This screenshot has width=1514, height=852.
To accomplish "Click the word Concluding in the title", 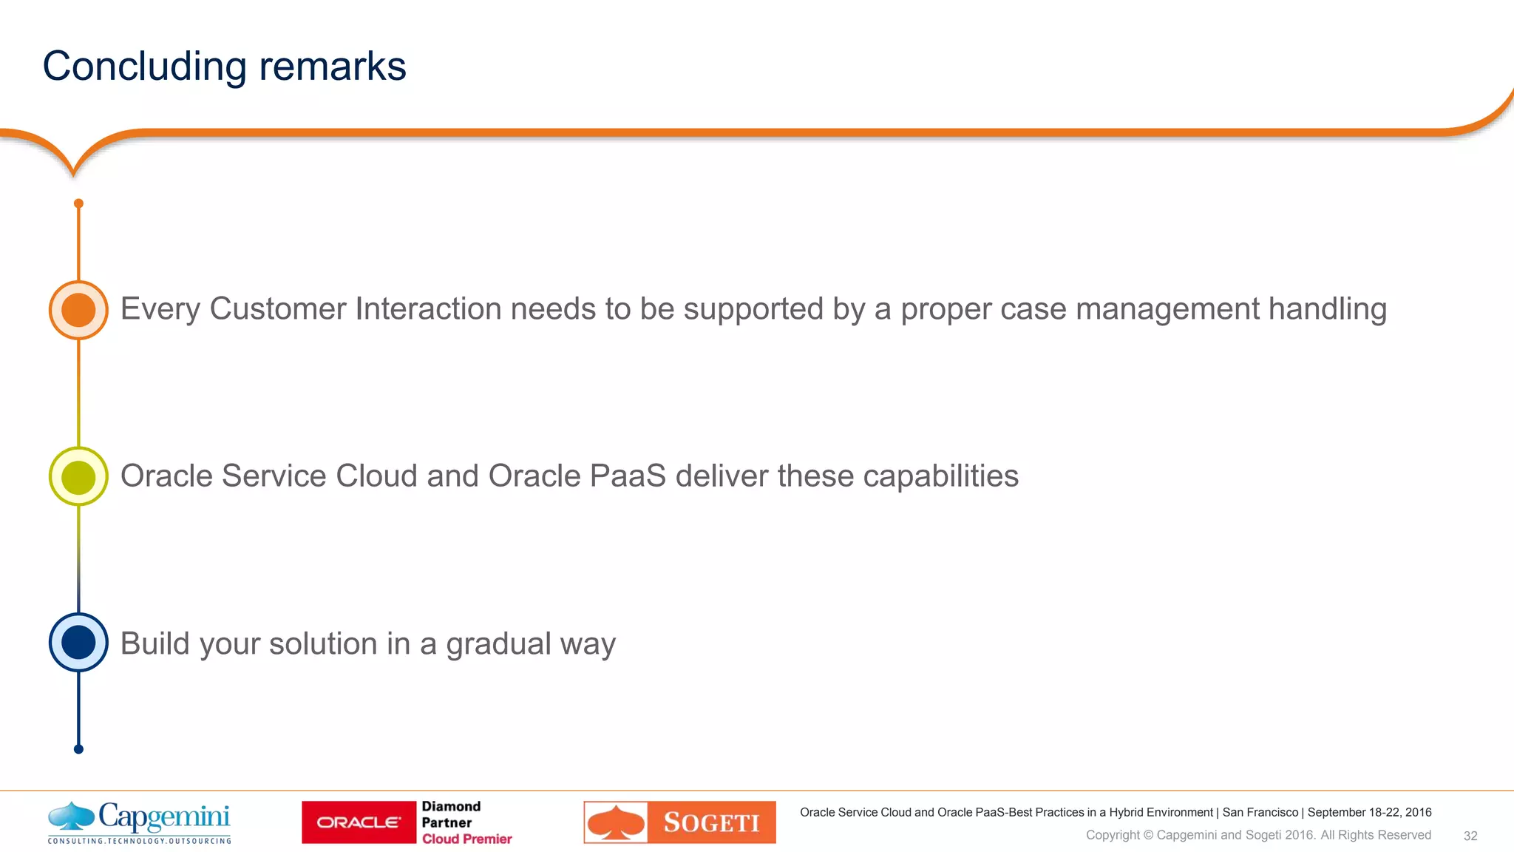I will (x=144, y=67).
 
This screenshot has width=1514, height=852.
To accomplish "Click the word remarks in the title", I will (x=332, y=67).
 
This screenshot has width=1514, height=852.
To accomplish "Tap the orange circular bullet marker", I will (x=78, y=310).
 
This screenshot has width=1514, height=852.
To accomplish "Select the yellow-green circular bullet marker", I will (x=78, y=476).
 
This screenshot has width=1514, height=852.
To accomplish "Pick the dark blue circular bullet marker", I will (x=78, y=642).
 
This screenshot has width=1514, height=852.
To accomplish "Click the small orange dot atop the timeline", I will (x=78, y=203).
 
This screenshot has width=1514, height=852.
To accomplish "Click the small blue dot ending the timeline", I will (x=78, y=749).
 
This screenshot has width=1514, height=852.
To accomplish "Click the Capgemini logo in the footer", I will (x=139, y=822).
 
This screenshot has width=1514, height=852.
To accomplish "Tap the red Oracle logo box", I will (x=359, y=822).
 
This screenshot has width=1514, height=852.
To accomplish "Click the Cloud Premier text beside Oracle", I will (x=466, y=839).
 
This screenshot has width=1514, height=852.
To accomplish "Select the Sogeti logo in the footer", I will (x=679, y=822).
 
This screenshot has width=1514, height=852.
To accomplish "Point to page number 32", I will (x=1470, y=836).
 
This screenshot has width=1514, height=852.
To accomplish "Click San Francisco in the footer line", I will (x=1260, y=812).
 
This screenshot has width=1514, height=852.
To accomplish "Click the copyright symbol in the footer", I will (x=1148, y=835).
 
